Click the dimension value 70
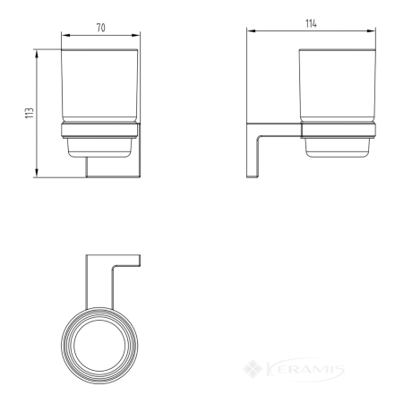coord(101,28)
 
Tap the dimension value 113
coord(30,113)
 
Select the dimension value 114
coord(311,23)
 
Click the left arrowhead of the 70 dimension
coord(65,35)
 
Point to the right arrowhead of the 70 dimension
coord(136,35)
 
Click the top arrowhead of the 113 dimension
coord(37,54)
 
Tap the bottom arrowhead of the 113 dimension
coord(37,173)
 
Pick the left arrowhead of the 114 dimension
coord(251,30)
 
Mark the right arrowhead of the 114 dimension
coord(371,30)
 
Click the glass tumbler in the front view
coord(99,86)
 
